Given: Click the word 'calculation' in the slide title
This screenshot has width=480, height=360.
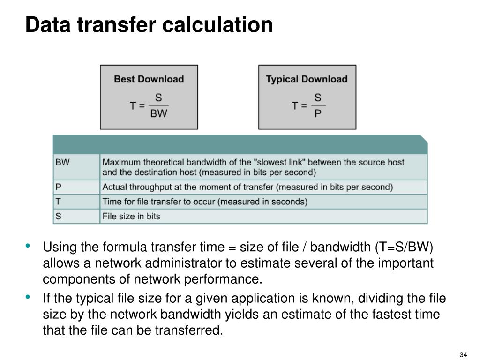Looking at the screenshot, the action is tap(217, 25).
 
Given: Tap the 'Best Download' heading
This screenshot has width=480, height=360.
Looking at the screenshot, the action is tap(149, 79).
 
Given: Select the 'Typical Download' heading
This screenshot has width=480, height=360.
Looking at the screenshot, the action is tap(307, 79).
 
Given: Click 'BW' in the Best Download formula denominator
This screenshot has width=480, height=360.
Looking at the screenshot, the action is tap(158, 114).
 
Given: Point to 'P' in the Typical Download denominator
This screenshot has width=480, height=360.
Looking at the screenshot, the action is tap(318, 114).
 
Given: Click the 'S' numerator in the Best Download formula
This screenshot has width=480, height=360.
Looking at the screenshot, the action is tap(158, 97).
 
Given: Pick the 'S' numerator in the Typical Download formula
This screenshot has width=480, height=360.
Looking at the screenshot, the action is tap(318, 97).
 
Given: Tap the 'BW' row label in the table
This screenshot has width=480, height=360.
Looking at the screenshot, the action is tap(62, 162).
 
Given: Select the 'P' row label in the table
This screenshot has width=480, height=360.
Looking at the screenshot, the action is tap(58, 187).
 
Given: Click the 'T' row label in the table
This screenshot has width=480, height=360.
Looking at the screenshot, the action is tap(58, 202).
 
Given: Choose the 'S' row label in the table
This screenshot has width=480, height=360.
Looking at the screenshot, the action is tap(58, 216).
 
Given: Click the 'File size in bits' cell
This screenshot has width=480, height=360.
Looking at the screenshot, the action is tap(131, 216).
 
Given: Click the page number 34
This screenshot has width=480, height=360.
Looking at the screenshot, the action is tap(464, 354).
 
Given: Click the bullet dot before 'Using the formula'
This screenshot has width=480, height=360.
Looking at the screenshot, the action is tap(29, 246).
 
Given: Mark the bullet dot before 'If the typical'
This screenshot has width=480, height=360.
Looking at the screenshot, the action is tap(29, 297).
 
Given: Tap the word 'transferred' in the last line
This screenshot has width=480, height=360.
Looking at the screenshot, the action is tap(192, 330).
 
